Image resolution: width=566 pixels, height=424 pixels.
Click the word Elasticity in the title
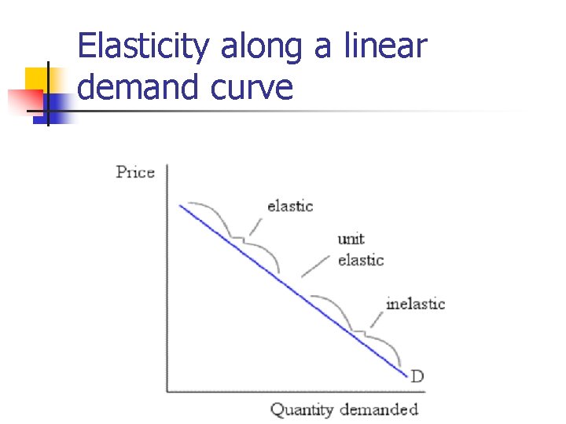point(145,47)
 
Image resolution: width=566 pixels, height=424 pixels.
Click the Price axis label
point(135,172)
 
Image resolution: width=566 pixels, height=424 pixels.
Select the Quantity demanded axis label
point(344,409)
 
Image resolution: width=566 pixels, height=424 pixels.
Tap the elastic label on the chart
point(290,206)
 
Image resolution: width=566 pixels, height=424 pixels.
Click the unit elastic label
point(360,249)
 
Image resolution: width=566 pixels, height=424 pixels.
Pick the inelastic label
point(415,303)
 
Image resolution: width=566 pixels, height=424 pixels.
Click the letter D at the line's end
point(417,376)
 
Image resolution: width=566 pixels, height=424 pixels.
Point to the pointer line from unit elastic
point(316,266)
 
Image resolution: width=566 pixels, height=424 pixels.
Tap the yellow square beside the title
point(36,79)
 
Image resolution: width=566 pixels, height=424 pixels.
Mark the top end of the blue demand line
point(181,206)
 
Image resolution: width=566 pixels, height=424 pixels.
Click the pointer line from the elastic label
point(255,225)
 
